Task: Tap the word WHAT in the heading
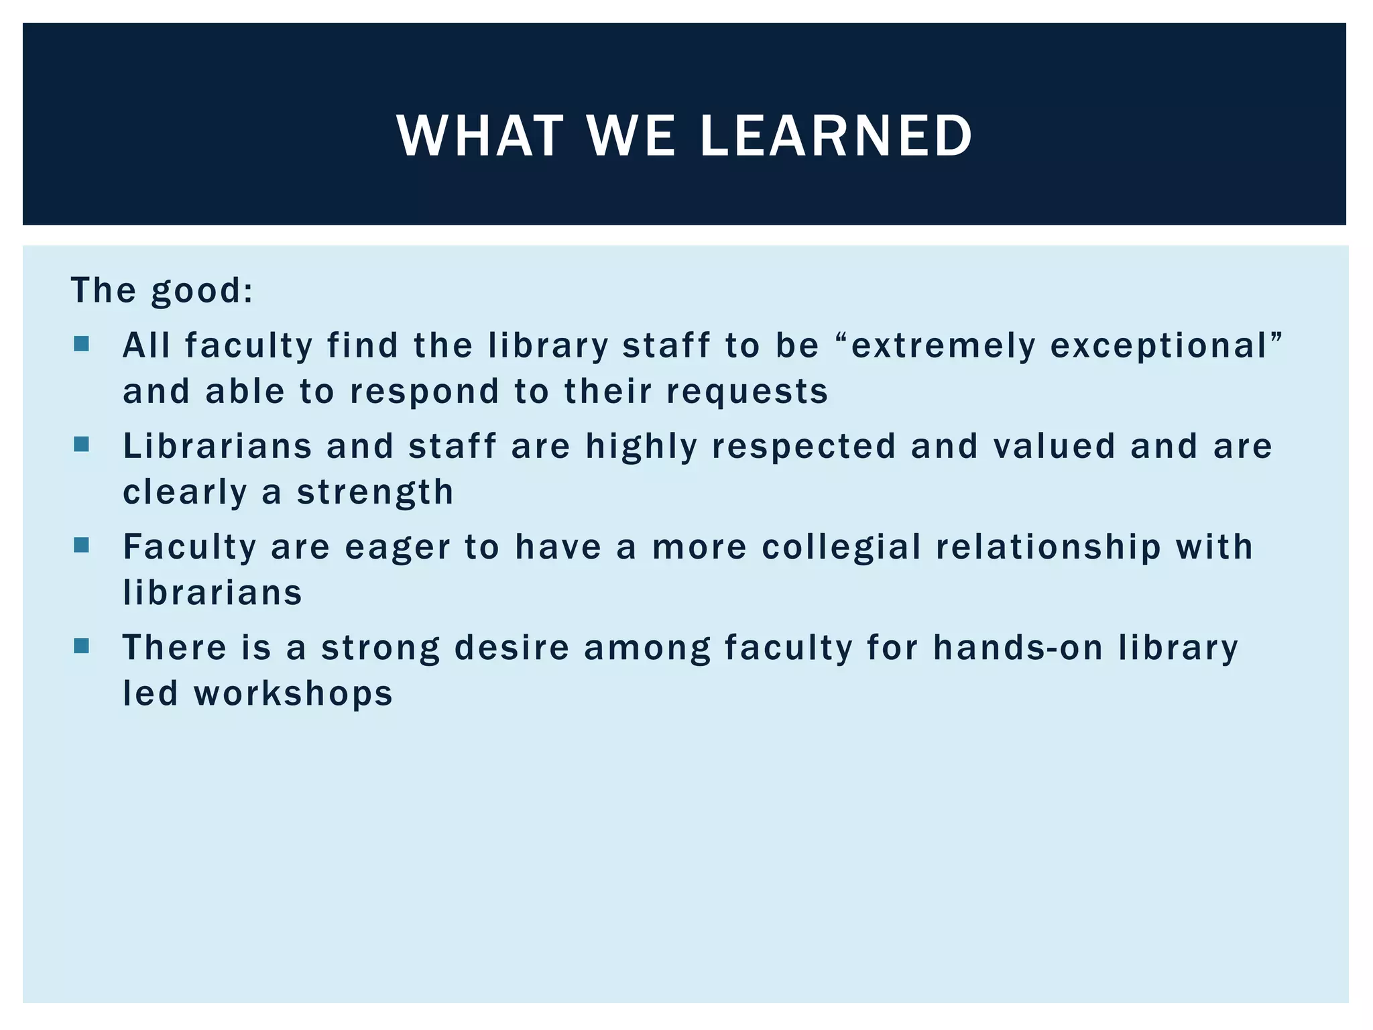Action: click(480, 136)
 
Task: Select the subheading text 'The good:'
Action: click(162, 290)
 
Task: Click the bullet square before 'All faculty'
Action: click(82, 345)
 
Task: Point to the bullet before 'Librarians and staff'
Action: click(82, 445)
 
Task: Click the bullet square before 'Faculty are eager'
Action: click(82, 545)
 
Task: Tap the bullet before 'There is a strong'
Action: click(82, 646)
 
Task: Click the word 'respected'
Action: click(804, 447)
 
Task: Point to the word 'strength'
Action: click(375, 493)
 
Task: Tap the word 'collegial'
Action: click(841, 547)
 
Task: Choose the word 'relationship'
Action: click(1049, 547)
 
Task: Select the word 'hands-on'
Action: click(1018, 648)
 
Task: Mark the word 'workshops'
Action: click(293, 693)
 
